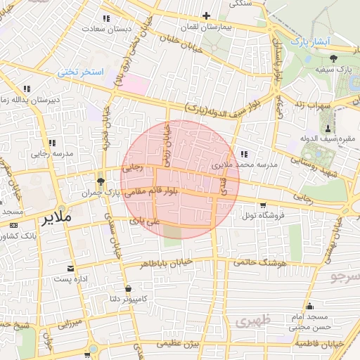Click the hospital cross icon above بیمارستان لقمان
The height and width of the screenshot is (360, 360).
point(206,15)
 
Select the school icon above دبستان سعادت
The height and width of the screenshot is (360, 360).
point(106,18)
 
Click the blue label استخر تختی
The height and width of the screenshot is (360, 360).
point(79,72)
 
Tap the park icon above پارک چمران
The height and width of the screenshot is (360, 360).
point(101,182)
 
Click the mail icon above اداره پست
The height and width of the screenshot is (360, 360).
point(70,269)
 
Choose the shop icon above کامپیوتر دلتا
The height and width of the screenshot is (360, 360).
point(127,289)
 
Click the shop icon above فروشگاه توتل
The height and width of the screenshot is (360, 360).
point(263,205)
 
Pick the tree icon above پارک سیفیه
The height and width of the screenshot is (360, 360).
point(333,58)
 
